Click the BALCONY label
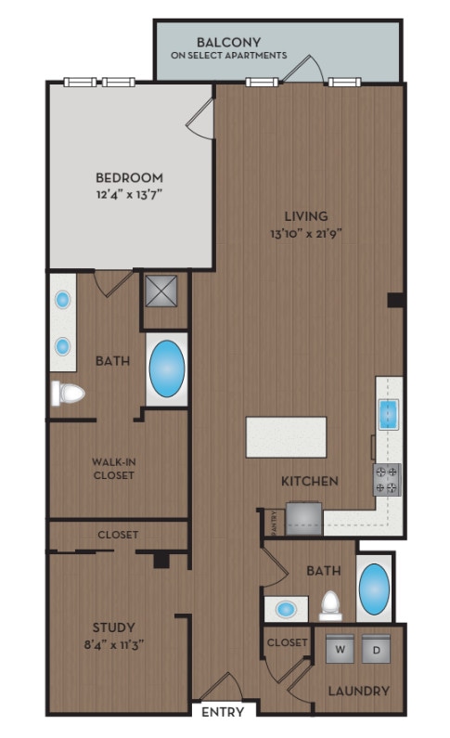[x=228, y=42]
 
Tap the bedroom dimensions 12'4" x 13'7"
[x=130, y=195]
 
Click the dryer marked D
[x=377, y=649]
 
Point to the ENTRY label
[x=223, y=713]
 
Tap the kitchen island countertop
[x=286, y=436]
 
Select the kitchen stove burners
[x=386, y=478]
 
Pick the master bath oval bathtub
[x=167, y=369]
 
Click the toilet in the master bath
[x=67, y=393]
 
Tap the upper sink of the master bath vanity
[x=63, y=300]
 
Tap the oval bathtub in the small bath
[x=375, y=589]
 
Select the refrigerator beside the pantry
[x=303, y=517]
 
